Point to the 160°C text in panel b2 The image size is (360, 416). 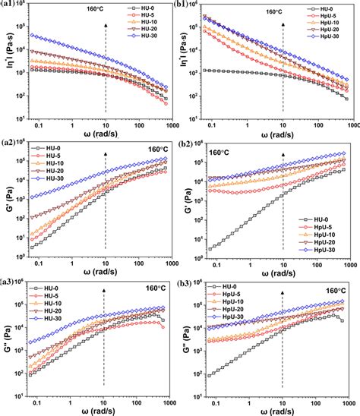(221, 152)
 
